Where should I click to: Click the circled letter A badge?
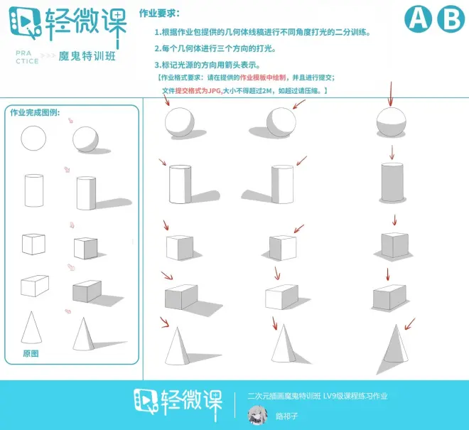(x=418, y=18)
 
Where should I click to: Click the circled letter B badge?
(x=451, y=18)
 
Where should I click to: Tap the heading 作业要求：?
(x=159, y=14)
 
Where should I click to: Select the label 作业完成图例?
(x=35, y=112)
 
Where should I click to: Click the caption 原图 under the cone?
(x=31, y=353)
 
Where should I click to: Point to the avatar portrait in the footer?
(x=257, y=415)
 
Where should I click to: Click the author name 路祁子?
(x=286, y=416)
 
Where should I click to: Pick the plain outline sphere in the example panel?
(x=33, y=139)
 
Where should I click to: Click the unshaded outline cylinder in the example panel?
(x=34, y=191)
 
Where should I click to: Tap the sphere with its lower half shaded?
(x=392, y=122)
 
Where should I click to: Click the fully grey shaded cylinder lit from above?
(x=392, y=183)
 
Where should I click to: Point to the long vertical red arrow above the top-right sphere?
(x=390, y=94)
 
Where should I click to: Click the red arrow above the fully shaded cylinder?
(x=392, y=153)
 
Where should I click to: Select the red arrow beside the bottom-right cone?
(x=410, y=324)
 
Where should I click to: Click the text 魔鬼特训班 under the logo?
(x=87, y=56)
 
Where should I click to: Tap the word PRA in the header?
(x=23, y=53)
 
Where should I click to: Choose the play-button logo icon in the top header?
(x=25, y=23)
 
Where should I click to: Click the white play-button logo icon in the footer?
(x=146, y=402)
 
